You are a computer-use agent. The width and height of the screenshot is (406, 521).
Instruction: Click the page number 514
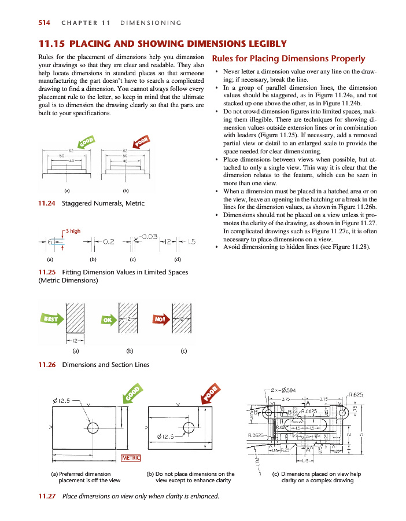tap(44, 23)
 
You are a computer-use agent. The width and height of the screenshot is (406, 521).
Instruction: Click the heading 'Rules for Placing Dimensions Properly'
tap(289, 58)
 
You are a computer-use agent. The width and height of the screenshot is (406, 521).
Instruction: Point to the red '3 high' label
tap(73, 231)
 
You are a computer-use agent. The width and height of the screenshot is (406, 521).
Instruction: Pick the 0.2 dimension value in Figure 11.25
tap(108, 241)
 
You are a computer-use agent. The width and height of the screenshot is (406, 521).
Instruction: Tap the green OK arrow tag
tap(108, 319)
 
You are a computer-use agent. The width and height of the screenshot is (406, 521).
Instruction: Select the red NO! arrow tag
tap(160, 319)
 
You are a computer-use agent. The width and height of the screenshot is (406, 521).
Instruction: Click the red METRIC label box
tap(132, 459)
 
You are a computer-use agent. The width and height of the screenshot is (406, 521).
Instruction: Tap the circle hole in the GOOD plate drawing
tap(93, 428)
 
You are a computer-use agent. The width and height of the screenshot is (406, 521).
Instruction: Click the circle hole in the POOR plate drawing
tap(189, 428)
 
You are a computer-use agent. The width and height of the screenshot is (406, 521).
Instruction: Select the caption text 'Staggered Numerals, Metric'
tap(103, 203)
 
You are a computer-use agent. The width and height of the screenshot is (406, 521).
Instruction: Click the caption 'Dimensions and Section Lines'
tap(106, 365)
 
